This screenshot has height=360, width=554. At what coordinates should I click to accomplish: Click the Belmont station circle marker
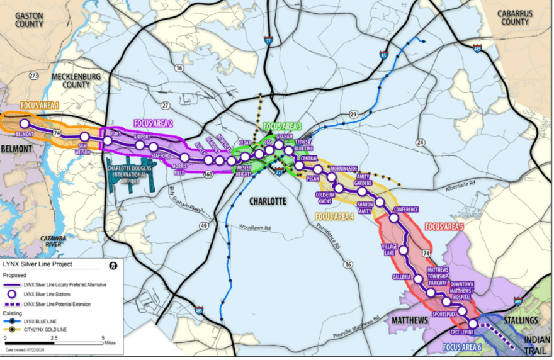(x=25, y=124)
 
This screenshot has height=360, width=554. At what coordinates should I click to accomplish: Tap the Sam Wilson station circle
(x=84, y=137)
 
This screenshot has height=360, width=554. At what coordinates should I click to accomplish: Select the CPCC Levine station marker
(x=473, y=323)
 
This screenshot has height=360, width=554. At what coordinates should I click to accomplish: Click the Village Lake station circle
(x=403, y=250)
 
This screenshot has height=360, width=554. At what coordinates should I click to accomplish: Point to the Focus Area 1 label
(x=40, y=105)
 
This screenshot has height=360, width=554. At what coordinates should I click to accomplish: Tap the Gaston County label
(x=30, y=20)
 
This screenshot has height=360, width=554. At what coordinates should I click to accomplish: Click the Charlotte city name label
(x=268, y=201)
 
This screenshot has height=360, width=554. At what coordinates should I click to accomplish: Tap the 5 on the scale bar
(x=103, y=338)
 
